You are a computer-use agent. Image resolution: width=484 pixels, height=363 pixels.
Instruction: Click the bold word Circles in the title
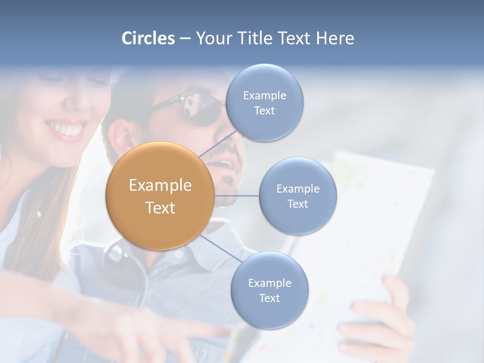pos(148,38)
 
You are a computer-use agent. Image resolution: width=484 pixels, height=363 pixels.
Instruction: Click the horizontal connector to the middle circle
pos(237,196)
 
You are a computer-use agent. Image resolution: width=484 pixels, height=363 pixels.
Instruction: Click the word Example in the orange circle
pos(160,186)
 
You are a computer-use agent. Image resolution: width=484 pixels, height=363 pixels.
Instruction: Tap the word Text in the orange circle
pos(160,208)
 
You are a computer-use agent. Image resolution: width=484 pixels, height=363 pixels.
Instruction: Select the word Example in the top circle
pos(264,95)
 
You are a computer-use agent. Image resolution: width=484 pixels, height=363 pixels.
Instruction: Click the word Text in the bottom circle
pos(269,298)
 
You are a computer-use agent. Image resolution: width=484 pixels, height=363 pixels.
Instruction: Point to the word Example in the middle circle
pos(298,189)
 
